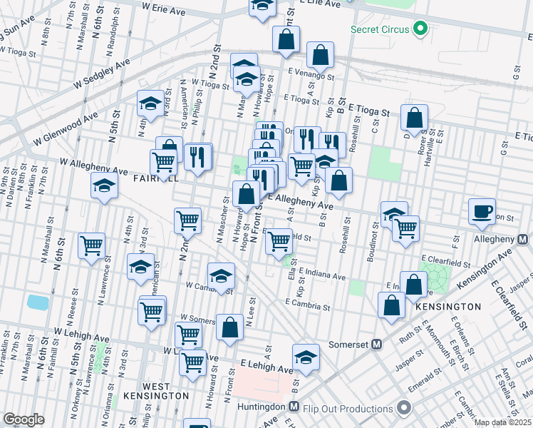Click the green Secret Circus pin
[420, 29]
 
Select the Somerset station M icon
[378, 344]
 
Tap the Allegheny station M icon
[522, 239]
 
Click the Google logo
[24, 419]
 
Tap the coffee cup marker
[482, 209]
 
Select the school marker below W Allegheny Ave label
[105, 186]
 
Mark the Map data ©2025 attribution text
[503, 422]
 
